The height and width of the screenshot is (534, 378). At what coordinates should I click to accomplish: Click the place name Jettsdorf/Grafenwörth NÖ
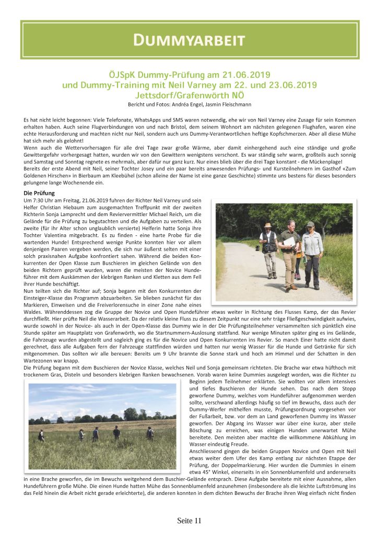click(189, 95)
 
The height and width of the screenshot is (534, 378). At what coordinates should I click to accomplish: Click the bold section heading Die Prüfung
click(40, 193)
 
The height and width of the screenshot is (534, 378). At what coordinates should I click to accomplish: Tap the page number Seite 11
click(189, 520)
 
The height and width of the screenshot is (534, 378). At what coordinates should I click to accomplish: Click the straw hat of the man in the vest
click(267, 226)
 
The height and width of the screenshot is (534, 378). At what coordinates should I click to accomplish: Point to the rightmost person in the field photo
click(150, 432)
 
